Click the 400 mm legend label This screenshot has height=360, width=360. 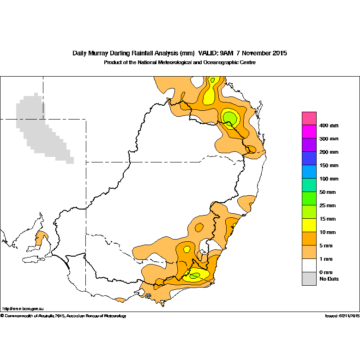tap(329, 126)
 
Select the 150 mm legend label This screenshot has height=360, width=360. tap(329, 166)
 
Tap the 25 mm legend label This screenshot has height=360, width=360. tap(327, 205)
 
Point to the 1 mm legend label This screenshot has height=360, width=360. tap(326, 259)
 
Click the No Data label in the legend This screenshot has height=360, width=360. tap(329, 279)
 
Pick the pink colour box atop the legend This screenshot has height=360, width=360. tap(309, 119)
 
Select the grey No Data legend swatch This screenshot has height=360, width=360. tap(309, 279)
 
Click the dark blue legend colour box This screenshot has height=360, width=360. tap(309, 158)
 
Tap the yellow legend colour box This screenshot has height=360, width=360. tap(309, 225)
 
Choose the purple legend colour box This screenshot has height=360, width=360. tap(309, 145)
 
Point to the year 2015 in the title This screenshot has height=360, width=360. tap(280, 53)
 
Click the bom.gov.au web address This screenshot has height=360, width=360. tap(23, 309)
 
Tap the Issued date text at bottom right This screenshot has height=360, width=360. tap(342, 316)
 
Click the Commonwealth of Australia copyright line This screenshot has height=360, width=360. tap(63, 316)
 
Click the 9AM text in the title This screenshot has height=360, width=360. tap(227, 53)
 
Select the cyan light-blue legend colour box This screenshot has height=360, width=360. tap(309, 172)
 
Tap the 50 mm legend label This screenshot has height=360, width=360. tap(327, 192)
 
